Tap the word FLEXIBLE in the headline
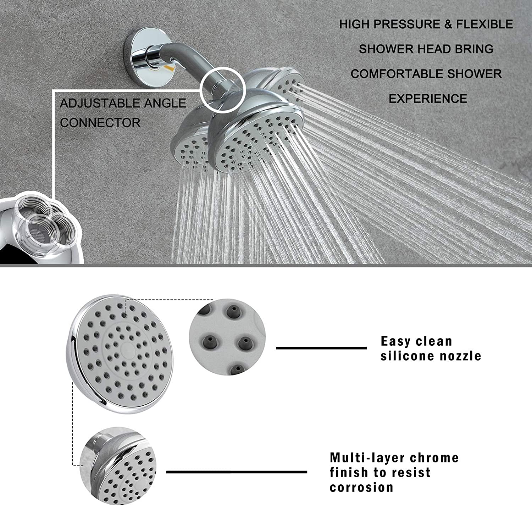click(484, 24)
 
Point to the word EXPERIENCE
click(428, 99)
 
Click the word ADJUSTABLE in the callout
click(100, 103)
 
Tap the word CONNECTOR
click(100, 123)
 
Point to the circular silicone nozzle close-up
click(227, 337)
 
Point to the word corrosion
click(361, 487)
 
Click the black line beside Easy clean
click(321, 348)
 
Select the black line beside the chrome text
click(237, 472)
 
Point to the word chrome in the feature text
click(434, 457)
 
